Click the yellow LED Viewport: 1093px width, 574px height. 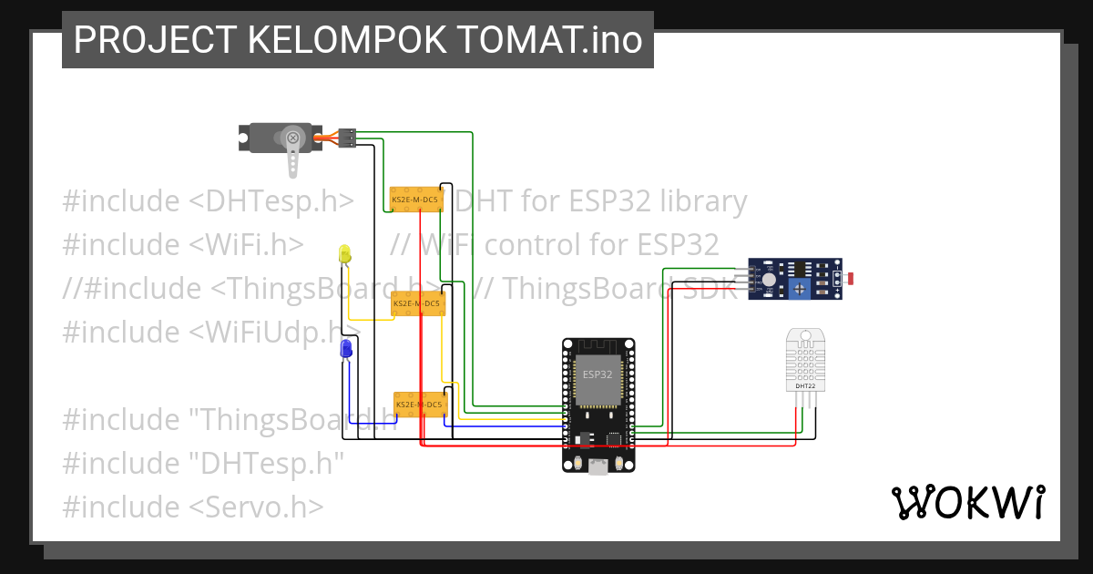pyautogui.click(x=344, y=254)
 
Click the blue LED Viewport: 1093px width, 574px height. pyautogui.click(x=346, y=349)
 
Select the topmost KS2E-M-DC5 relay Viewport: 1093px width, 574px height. pyautogui.click(x=415, y=199)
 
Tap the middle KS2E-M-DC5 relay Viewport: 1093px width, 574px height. pyautogui.click(x=418, y=303)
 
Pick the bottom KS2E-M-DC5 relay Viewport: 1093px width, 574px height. pyautogui.click(x=420, y=404)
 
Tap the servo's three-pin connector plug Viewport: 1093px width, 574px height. pyautogui.click(x=346, y=138)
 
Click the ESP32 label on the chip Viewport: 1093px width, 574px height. pyautogui.click(x=598, y=374)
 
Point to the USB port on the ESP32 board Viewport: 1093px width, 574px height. pyautogui.click(x=598, y=467)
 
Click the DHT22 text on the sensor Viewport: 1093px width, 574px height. pyautogui.click(x=805, y=386)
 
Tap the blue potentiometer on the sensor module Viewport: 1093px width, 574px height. pyautogui.click(x=799, y=289)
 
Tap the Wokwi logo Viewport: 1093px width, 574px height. pyautogui.click(x=967, y=502)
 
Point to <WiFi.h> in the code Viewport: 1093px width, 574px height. pyautogui.click(x=247, y=244)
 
